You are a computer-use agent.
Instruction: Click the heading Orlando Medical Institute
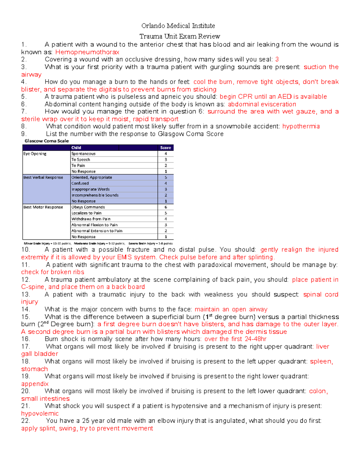point(178,26)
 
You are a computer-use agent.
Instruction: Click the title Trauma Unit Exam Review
point(180,36)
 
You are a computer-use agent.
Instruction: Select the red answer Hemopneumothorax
point(87,52)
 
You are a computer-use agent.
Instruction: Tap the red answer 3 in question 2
point(277,59)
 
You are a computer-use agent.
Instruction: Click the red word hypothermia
point(301,126)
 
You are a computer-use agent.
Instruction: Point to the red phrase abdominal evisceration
point(262,104)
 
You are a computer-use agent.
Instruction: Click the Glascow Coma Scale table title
point(46,141)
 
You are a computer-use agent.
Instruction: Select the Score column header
point(165,148)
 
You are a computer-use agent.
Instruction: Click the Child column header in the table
point(76,148)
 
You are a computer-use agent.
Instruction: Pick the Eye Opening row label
point(35,154)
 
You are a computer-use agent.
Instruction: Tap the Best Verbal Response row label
point(43,177)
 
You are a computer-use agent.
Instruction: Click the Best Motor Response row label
point(43,207)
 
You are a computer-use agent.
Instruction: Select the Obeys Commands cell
point(88,207)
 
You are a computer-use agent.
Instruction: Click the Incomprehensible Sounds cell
point(95,195)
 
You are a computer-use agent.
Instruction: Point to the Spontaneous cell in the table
point(83,154)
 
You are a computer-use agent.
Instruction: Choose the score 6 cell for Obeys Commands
point(166,207)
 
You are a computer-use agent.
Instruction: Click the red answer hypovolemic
point(40,413)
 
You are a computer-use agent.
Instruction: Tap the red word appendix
point(35,384)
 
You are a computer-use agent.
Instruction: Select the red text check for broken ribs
point(52,272)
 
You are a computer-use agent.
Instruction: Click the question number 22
point(25,421)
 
